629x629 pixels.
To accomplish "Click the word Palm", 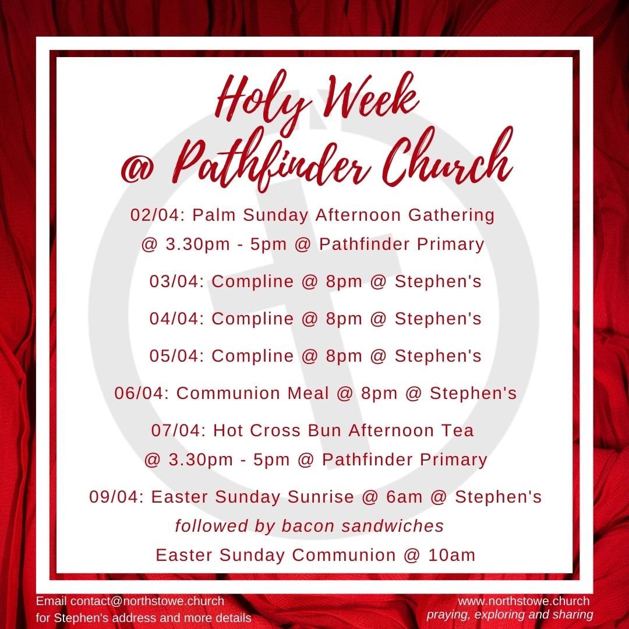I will [215, 215].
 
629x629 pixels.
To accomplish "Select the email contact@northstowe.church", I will [147, 601].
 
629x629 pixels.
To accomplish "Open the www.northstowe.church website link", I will [524, 601].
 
